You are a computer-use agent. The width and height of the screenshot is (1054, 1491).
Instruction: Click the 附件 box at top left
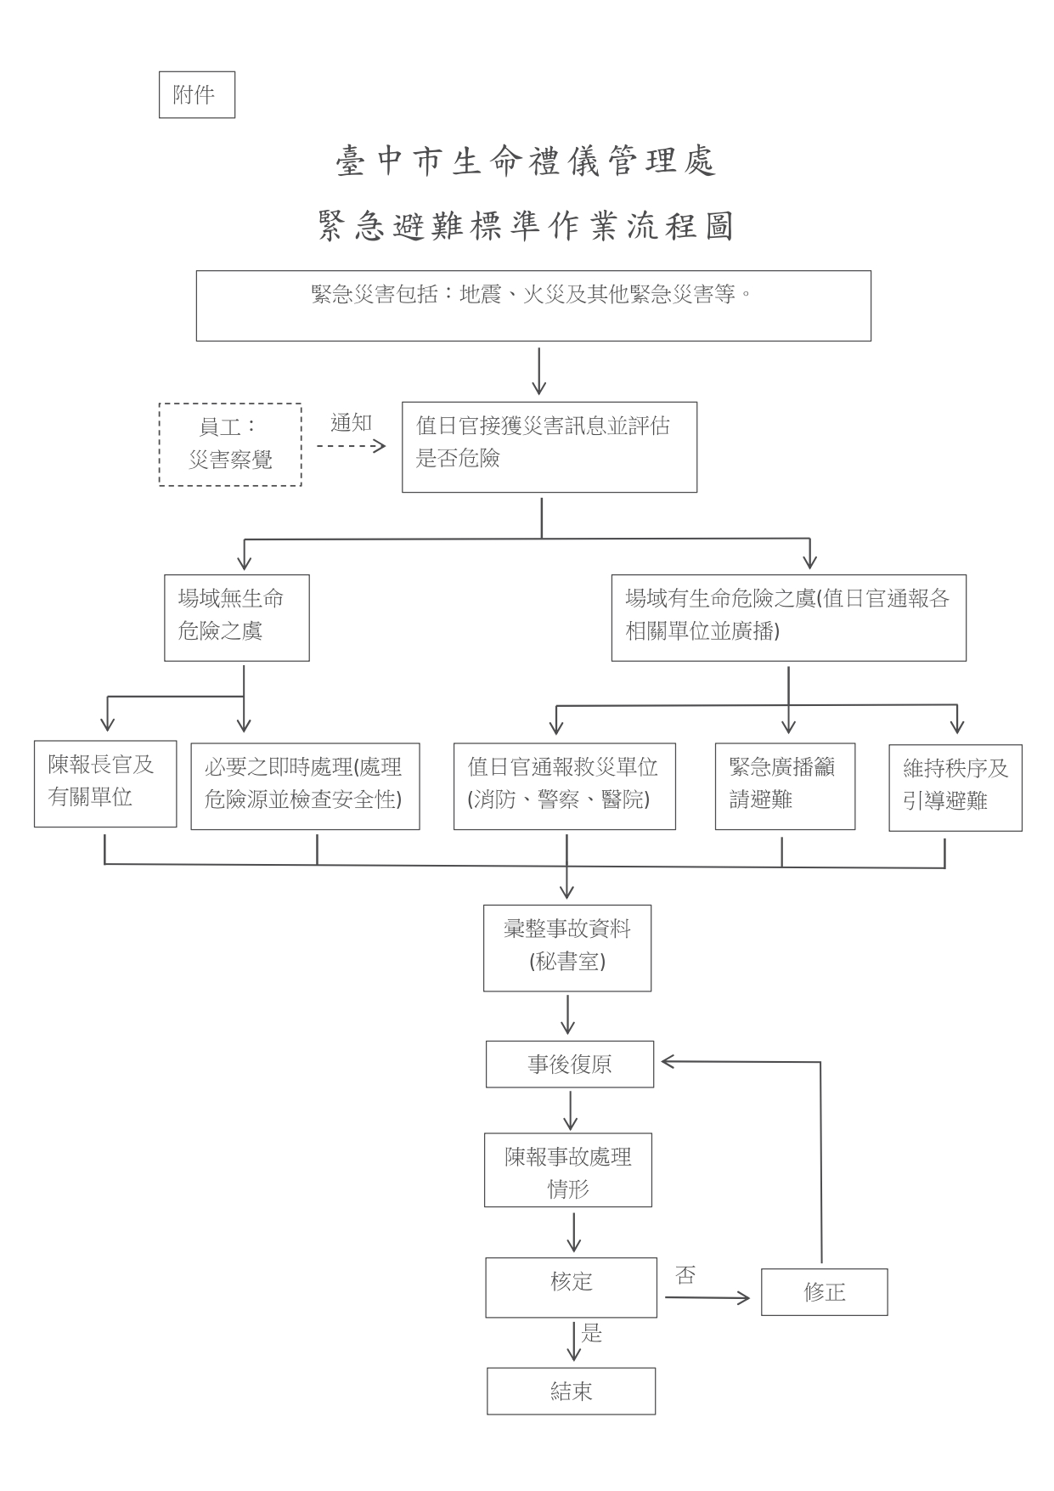(196, 95)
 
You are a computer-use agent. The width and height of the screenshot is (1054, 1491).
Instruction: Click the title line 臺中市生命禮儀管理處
(527, 161)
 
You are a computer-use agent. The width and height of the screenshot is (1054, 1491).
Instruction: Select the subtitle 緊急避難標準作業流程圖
(527, 227)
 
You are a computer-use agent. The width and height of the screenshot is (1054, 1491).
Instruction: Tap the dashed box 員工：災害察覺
(230, 444)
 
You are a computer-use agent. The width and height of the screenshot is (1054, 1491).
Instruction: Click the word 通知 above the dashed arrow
(351, 422)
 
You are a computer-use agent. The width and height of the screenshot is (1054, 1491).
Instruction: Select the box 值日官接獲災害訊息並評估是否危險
(549, 447)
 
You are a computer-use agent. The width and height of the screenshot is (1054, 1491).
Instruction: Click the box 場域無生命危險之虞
(236, 618)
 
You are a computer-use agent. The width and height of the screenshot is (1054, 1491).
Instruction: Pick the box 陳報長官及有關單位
(104, 783)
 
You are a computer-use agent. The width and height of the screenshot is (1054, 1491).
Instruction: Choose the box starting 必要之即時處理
(304, 786)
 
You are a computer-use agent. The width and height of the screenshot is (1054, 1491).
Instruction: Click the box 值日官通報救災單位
(564, 786)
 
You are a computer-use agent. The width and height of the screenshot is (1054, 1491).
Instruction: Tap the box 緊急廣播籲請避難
(784, 786)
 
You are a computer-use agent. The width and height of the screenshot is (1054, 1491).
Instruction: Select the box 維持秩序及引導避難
(955, 788)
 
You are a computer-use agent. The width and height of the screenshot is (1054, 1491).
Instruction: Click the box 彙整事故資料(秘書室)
(566, 947)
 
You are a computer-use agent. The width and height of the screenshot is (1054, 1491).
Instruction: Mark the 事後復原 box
(569, 1064)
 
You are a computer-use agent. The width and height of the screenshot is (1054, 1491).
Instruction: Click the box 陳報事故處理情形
(567, 1170)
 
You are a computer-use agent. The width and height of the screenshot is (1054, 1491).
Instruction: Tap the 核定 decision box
(571, 1287)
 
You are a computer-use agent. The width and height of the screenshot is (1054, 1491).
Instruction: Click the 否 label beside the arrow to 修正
(685, 1274)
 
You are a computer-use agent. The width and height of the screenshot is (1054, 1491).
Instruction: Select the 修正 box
(824, 1292)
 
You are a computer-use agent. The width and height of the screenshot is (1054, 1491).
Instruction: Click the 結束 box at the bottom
(571, 1391)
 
